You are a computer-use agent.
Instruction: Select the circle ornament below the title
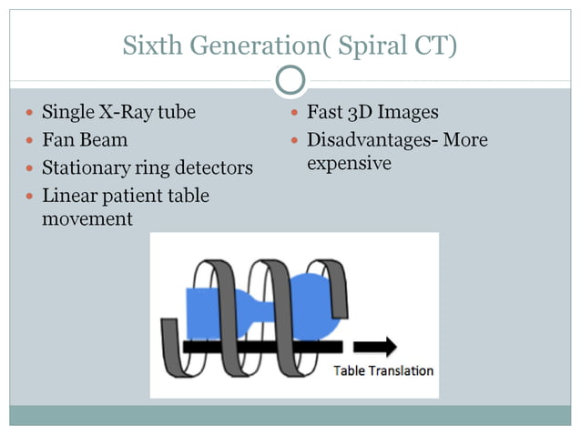(x=290, y=82)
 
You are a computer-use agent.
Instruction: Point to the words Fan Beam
(x=85, y=141)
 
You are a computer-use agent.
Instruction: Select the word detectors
(x=214, y=168)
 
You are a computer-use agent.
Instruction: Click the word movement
(x=88, y=219)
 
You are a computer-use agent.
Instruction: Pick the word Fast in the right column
(x=326, y=113)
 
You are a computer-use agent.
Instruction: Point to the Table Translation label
(x=382, y=370)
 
